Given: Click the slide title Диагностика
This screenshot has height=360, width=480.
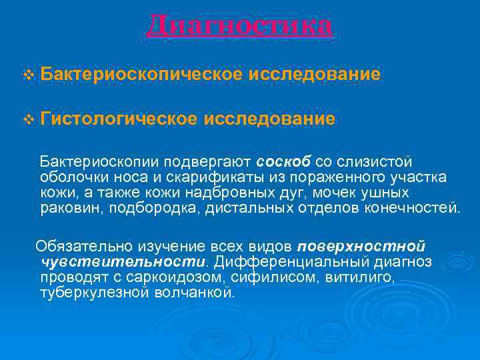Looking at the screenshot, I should click(239, 27).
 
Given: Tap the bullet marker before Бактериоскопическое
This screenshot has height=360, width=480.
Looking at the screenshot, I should click(27, 75).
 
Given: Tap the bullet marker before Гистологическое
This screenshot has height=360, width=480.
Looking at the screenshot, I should click(27, 120).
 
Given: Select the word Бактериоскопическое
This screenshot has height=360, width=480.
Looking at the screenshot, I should click(141, 75).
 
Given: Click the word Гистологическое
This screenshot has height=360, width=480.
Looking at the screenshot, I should click(118, 119).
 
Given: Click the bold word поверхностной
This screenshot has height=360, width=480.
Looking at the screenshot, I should click(361, 247).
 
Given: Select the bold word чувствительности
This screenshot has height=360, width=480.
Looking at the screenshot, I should click(123, 261).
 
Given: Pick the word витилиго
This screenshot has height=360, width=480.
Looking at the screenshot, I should click(359, 277).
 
